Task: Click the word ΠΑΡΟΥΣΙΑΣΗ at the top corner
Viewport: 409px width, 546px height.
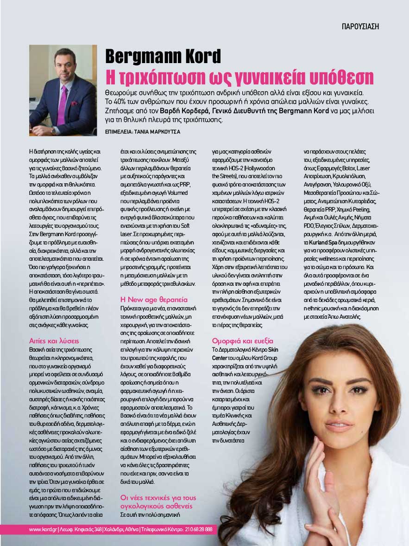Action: (360, 26)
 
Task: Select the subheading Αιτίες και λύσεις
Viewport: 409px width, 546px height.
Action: (54, 340)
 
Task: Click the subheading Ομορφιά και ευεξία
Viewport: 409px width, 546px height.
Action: (242, 340)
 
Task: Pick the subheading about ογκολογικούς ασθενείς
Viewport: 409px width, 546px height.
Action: (156, 501)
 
